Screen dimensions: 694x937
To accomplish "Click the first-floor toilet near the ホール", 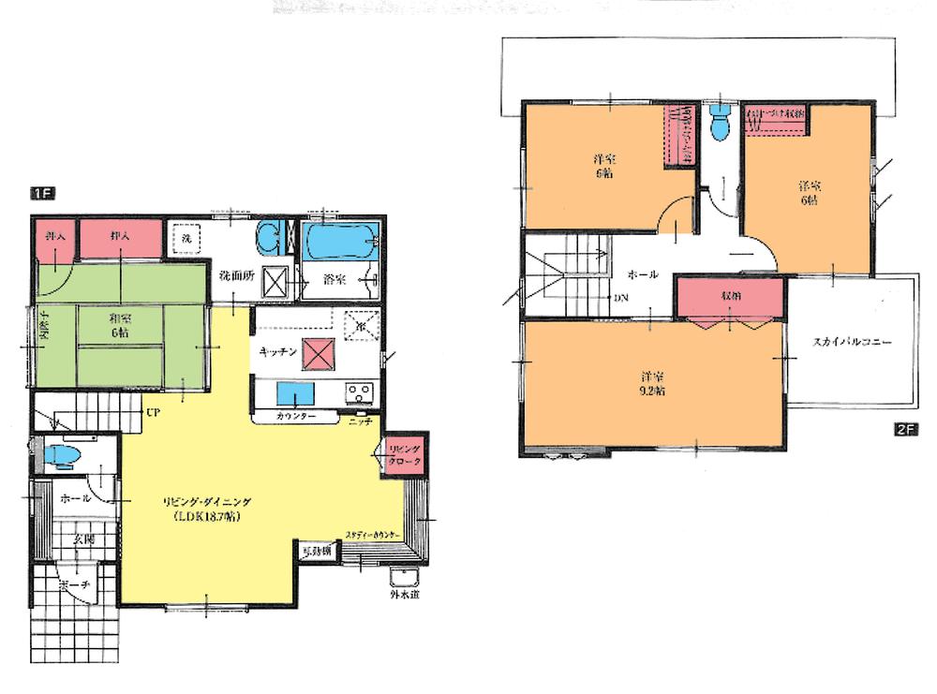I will pos(65,457).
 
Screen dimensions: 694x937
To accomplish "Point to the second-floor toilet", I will pos(720,125).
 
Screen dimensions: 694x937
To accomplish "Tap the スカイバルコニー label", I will pos(852,343).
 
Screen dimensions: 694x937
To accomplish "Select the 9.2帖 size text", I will pos(653,391).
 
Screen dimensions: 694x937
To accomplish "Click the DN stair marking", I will pos(621,299).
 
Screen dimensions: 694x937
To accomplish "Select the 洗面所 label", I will pos(234,277).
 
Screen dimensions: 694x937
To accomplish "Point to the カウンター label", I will pos(295,416).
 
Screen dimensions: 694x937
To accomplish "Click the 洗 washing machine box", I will pos(186,238).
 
